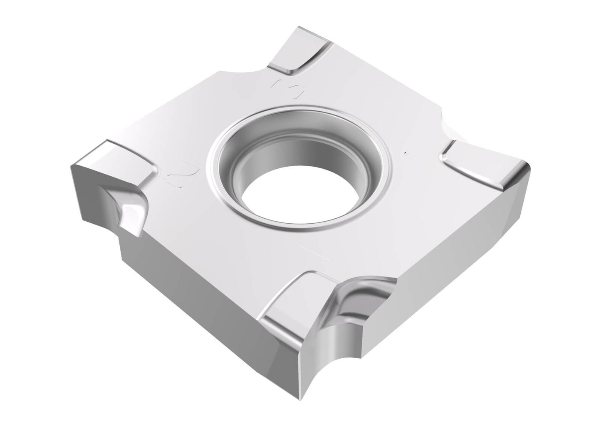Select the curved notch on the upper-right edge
pos(449,127)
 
